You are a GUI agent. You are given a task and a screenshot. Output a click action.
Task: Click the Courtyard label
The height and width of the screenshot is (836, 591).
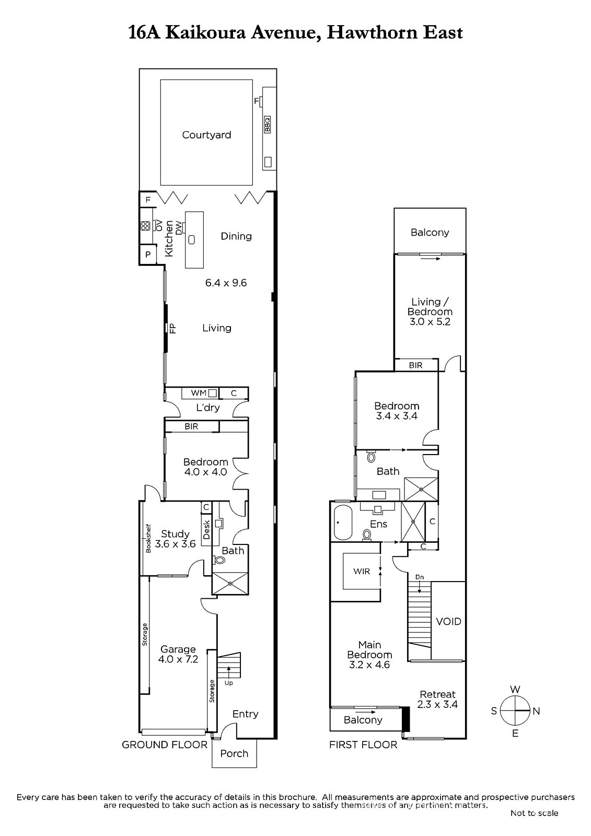point(206,135)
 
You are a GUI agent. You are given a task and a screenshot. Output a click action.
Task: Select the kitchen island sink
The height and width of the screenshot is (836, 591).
point(192,239)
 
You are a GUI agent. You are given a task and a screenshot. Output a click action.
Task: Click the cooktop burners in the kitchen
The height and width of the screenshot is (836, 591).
point(145,226)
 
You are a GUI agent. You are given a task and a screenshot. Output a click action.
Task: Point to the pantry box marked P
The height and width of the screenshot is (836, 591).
point(148,254)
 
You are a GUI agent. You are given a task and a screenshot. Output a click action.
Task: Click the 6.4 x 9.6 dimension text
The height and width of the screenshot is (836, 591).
point(226,283)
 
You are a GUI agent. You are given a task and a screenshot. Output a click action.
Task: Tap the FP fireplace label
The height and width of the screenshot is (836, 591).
point(172,328)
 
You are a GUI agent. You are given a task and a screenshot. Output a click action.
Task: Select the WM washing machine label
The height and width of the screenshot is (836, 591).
point(199,392)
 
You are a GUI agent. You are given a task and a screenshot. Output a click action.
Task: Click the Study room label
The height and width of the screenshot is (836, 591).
point(175,533)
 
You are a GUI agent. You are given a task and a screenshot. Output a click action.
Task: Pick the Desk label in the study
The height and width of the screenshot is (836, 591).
point(206,530)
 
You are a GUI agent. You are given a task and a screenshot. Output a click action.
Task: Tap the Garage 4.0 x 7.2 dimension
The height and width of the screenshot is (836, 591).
point(178,659)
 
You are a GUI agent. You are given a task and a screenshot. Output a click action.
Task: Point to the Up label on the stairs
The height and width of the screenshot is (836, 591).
point(228,683)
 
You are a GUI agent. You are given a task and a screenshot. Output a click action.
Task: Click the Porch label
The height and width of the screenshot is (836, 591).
point(234,753)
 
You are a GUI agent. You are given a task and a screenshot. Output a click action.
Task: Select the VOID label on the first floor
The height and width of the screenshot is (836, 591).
point(449,621)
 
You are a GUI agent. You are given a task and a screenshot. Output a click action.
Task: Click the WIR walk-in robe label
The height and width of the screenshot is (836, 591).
point(362,572)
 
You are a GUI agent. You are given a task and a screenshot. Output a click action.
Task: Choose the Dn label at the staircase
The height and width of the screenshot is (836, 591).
point(419,577)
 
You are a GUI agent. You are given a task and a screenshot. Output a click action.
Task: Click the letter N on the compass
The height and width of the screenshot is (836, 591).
point(536,711)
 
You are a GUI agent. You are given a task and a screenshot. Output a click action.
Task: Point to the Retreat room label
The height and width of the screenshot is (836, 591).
point(437,694)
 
